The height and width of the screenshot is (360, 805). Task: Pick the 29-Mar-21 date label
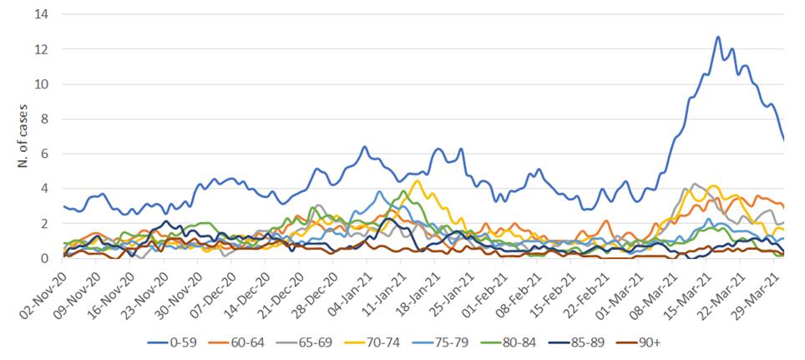tap(758, 288)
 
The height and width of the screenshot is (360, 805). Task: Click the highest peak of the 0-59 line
tap(717, 37)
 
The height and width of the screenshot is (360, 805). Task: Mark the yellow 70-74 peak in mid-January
tap(417, 180)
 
